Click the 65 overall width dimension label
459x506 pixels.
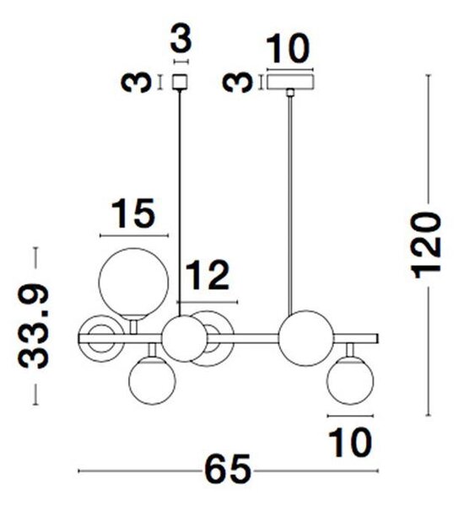pos(228,471)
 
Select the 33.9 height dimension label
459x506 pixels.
pos(33,326)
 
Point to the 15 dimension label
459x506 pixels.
pos(133,213)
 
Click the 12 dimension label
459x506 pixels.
pos(208,275)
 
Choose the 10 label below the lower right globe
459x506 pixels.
pos(350,442)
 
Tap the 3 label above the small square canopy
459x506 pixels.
pos(181,38)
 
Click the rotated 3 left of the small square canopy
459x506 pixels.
pos(136,83)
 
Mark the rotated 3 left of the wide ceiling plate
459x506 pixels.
pos(238,83)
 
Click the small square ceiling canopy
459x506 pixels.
pos(180,82)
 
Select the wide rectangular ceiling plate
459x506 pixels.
pos(290,82)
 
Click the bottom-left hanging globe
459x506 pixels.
pos(152,380)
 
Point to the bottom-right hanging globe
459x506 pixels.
pos(350,380)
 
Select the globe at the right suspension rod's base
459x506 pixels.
pos(306,338)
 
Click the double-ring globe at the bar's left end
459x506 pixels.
pos(101,338)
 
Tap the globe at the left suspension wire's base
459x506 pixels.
pos(184,338)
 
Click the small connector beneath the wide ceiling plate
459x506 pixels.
pos(290,93)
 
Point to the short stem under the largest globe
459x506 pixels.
pos(133,327)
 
